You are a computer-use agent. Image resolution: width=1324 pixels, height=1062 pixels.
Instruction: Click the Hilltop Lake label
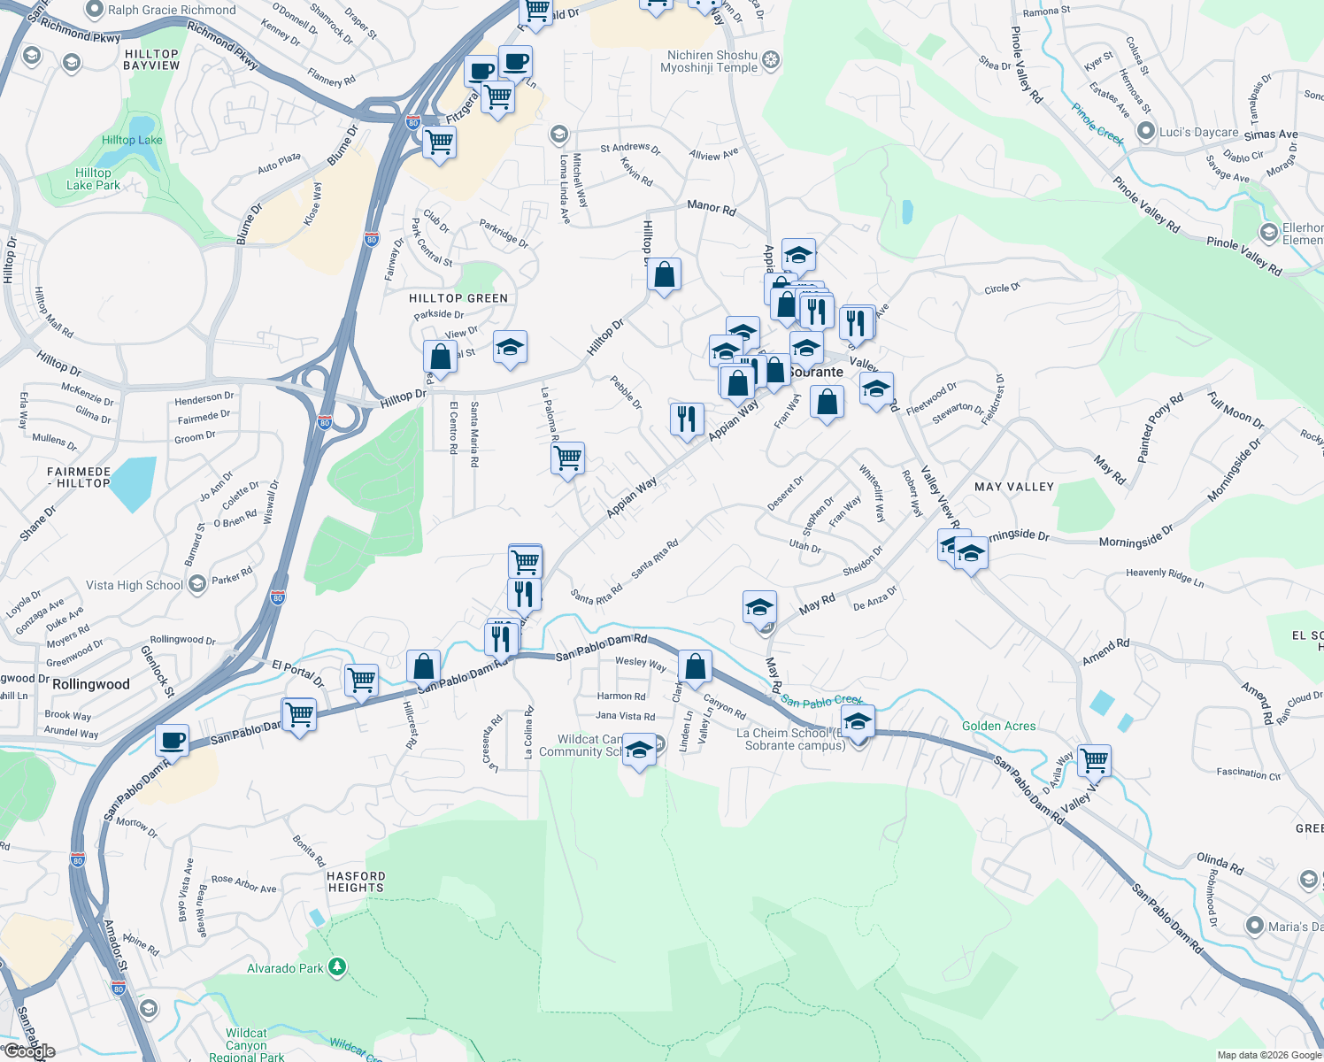point(132,140)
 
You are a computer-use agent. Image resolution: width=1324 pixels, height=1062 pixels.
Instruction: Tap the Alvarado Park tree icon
point(336,967)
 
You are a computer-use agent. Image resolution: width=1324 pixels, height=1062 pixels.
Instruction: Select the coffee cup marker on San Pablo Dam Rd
point(173,739)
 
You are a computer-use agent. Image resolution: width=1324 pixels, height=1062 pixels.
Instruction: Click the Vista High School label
point(135,585)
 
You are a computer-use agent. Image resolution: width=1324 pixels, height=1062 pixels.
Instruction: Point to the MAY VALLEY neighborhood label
point(1013,487)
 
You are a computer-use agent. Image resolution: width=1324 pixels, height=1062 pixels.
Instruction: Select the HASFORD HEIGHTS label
point(356,881)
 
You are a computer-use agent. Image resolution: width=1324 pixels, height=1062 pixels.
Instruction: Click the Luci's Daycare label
point(1198,132)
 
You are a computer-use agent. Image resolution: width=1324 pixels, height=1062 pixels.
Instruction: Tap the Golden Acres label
point(998,726)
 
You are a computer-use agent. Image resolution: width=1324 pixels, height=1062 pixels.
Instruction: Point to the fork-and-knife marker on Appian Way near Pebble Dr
point(687,418)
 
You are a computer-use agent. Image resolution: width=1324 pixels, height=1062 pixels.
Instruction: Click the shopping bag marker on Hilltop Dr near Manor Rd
point(664,275)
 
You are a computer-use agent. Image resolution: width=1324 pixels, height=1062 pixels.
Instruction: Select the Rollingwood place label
point(90,684)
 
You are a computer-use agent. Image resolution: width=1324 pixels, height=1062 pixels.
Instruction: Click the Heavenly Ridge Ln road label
point(1165,577)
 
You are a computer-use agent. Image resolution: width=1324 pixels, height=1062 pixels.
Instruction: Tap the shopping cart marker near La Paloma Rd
point(567,458)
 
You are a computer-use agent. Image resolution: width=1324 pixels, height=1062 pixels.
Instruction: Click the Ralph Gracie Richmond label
point(172,10)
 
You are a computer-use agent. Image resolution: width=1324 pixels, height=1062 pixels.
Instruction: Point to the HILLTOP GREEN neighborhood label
point(458,298)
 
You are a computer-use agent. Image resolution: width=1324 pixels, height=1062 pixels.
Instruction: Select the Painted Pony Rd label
point(1159,427)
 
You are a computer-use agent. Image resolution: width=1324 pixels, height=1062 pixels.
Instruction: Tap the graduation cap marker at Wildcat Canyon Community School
point(639,750)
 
